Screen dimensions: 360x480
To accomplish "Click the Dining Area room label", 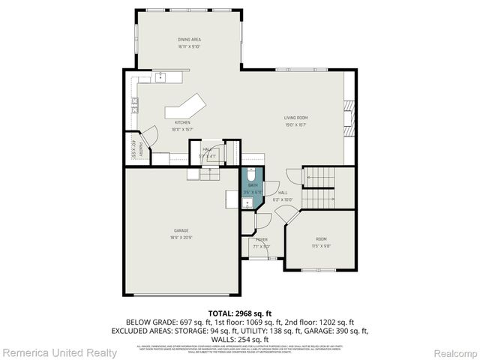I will [x=189, y=40].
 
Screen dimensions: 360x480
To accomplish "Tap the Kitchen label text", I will [x=182, y=122].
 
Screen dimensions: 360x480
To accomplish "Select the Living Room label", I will [x=295, y=118].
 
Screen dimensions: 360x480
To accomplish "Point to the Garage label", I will [x=181, y=230].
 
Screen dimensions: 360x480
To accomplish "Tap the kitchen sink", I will [x=160, y=76].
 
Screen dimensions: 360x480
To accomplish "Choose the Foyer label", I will [x=261, y=240].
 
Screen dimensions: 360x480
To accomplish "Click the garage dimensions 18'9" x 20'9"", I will [x=181, y=237].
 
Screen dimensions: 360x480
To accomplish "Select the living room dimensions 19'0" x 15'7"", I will [x=295, y=124].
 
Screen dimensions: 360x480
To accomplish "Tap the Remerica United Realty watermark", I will [x=60, y=352].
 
